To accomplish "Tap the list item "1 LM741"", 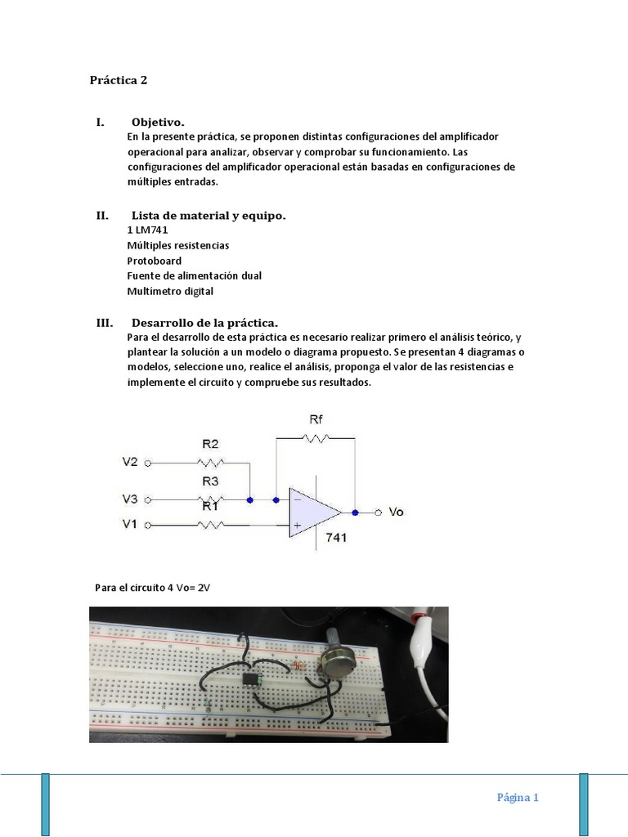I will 147,230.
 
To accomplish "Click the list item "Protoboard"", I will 155,261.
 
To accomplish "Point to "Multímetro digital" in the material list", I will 170,291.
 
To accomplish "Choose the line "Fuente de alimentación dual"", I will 195,275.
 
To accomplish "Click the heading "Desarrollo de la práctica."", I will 210,322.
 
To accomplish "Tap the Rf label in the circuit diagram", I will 316,419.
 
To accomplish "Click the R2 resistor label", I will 210,445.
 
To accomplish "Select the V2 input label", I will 130,462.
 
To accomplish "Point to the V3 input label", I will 130,498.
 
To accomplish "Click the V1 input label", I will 130,525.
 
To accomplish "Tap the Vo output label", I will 396,512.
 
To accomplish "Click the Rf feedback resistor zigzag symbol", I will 315,438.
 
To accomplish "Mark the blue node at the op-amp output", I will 355,512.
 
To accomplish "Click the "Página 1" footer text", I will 518,798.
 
